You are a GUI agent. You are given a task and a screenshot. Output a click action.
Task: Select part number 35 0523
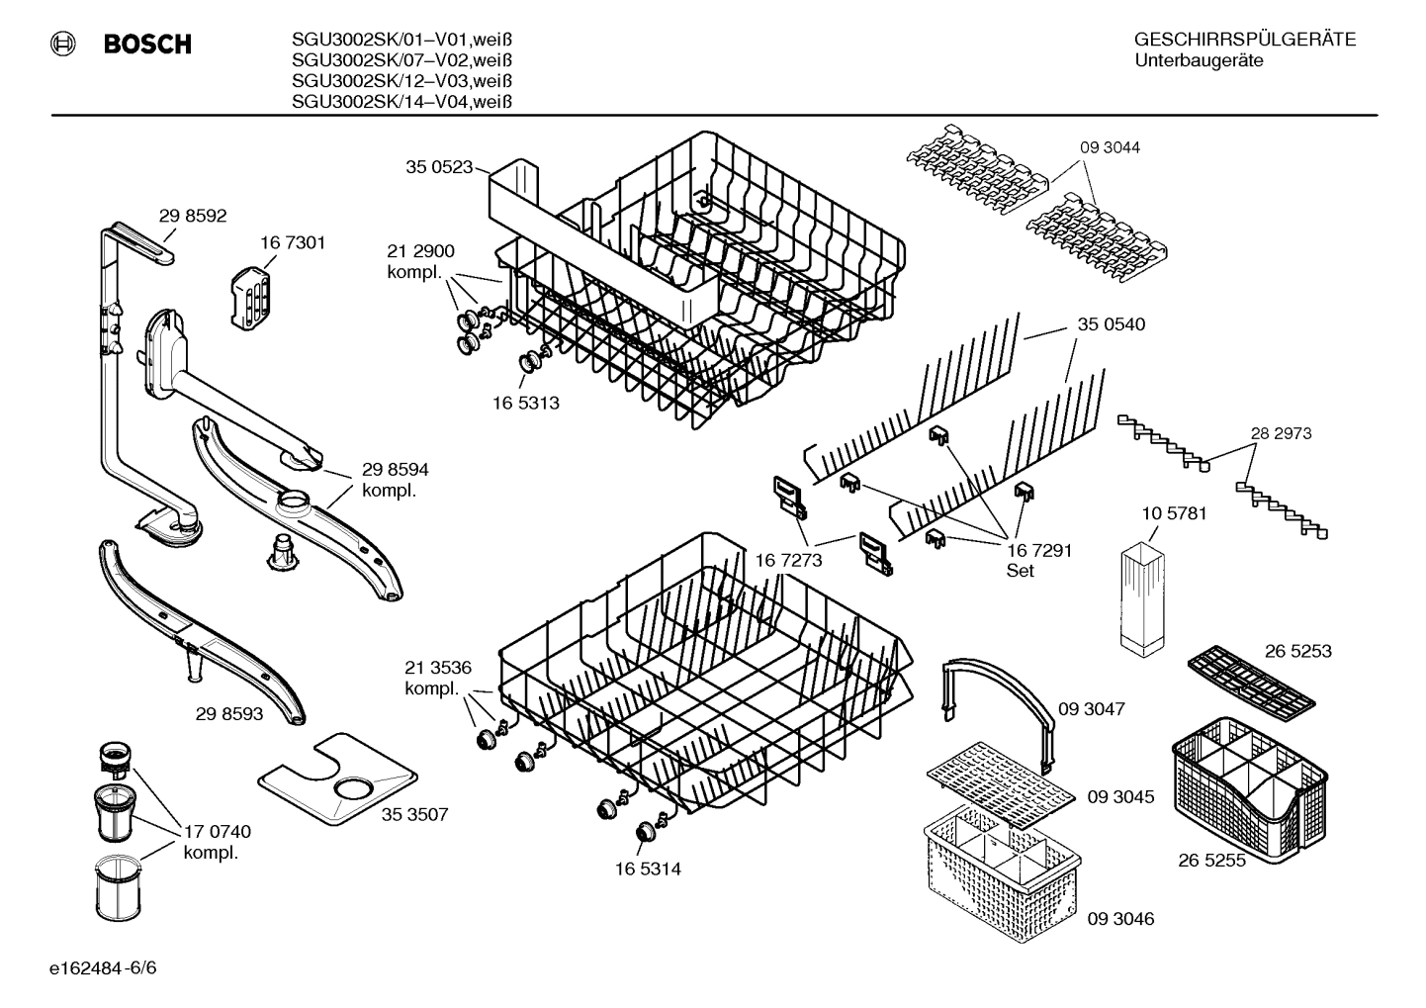pyautogui.click(x=439, y=167)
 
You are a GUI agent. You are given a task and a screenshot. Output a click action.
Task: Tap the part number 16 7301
pyautogui.click(x=293, y=242)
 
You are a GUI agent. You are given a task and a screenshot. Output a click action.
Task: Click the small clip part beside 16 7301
pyautogui.click(x=249, y=293)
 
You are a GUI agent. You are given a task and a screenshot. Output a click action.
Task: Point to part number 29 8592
pyautogui.click(x=193, y=215)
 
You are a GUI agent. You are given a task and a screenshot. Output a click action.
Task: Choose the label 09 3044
pyautogui.click(x=1109, y=147)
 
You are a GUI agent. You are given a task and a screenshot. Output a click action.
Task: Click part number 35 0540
pyautogui.click(x=1111, y=323)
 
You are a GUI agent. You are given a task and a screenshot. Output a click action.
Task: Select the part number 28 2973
pyautogui.click(x=1281, y=433)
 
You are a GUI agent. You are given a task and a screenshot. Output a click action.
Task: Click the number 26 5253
pyautogui.click(x=1297, y=651)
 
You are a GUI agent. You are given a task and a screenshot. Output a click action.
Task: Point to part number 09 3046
pyautogui.click(x=1120, y=919)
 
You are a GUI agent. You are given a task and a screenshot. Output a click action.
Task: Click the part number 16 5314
pyautogui.click(x=648, y=869)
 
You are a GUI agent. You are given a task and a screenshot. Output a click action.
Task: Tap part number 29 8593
pyautogui.click(x=229, y=712)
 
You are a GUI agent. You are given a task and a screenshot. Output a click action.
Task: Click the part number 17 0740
pyautogui.click(x=218, y=832)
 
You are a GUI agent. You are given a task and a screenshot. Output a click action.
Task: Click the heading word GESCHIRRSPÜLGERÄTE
pyautogui.click(x=1244, y=41)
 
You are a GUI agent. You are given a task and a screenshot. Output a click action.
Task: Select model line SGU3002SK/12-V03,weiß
pyautogui.click(x=401, y=81)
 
